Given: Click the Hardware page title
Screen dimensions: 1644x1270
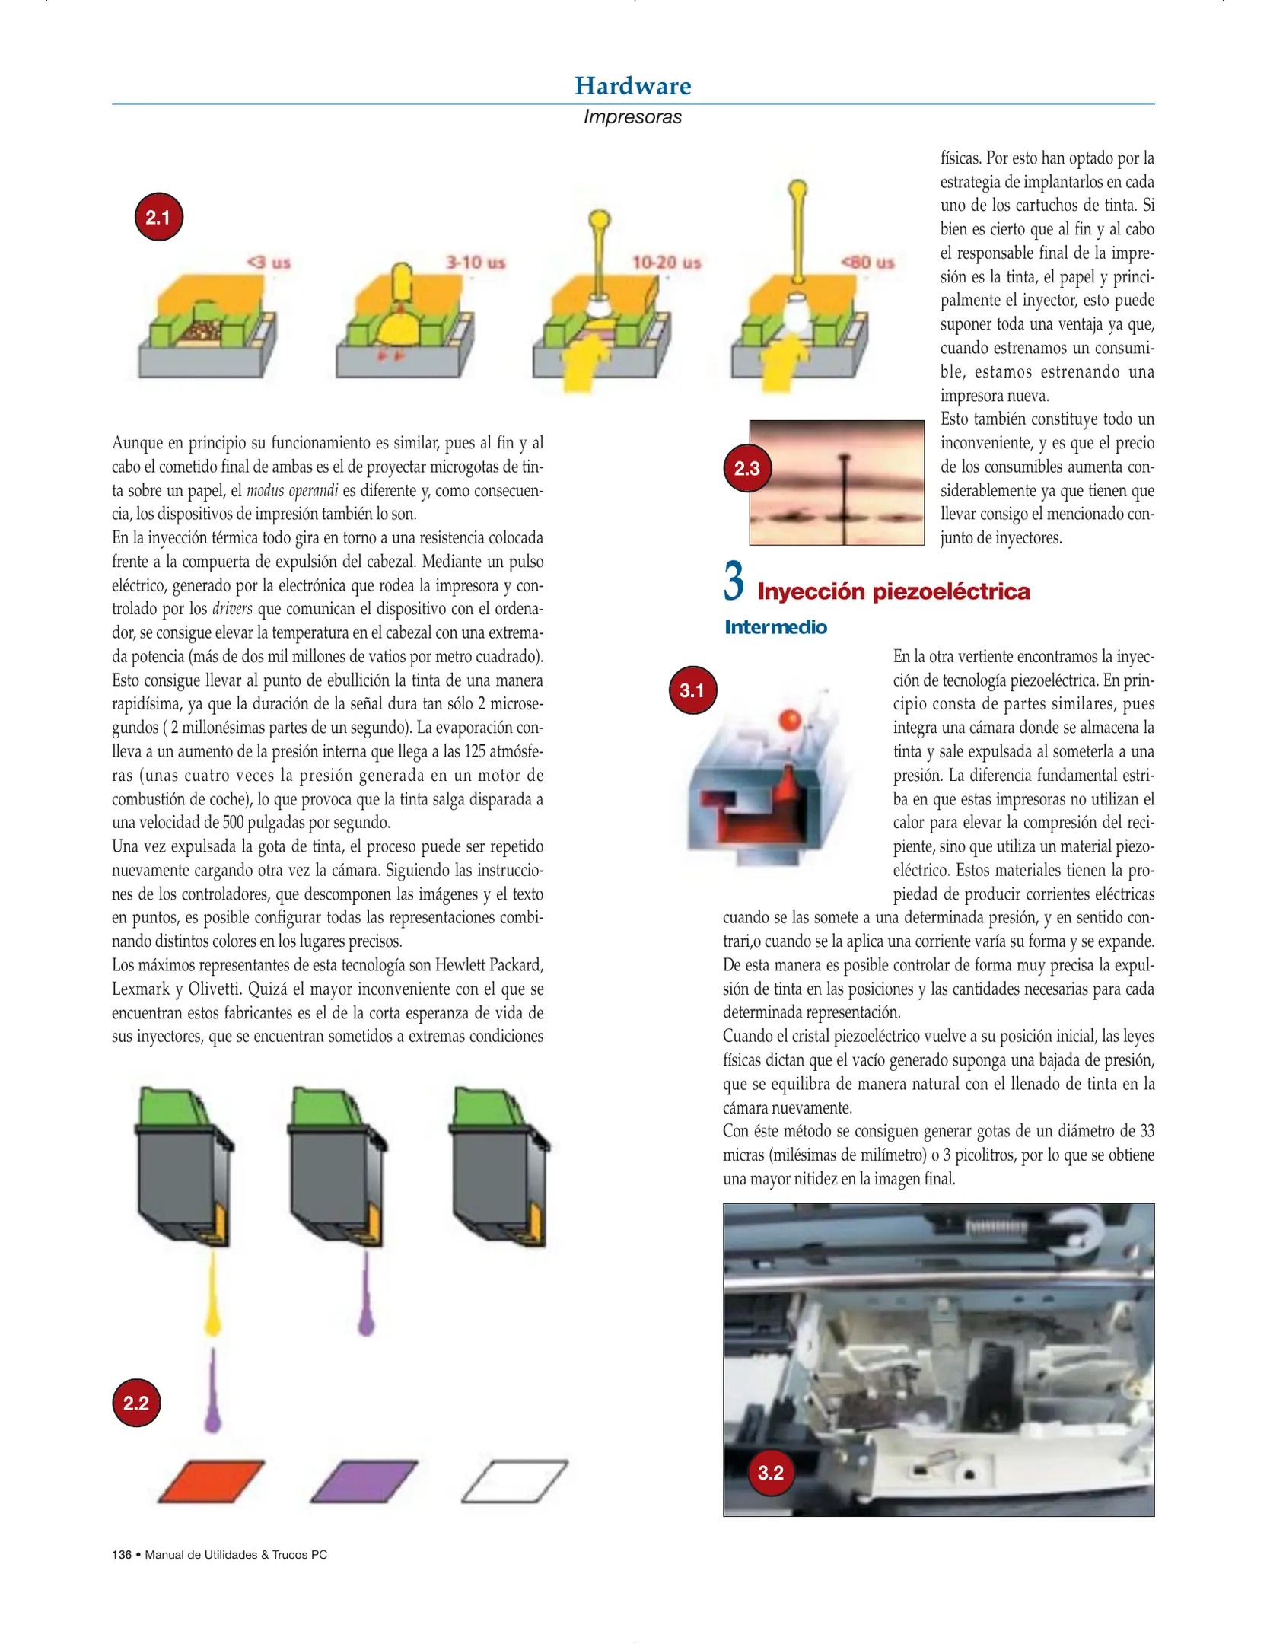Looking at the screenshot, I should (632, 86).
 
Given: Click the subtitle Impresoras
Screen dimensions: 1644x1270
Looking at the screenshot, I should (632, 117).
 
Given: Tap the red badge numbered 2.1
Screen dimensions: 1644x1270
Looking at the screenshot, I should (158, 217).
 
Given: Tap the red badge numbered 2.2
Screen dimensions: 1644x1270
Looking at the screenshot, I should (136, 1403).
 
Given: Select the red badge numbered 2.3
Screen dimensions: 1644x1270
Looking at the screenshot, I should (746, 468).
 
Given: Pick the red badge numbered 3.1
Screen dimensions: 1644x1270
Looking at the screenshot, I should (692, 690).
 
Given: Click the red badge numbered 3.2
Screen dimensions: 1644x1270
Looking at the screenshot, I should (770, 1472).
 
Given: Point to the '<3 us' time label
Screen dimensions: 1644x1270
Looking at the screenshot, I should (269, 263).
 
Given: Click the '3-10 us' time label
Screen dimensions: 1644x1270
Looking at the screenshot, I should (475, 263).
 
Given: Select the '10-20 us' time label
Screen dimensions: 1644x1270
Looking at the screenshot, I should (666, 263).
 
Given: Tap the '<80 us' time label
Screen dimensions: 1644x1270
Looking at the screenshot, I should (867, 263).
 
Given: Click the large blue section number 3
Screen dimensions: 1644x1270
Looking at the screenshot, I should (733, 581).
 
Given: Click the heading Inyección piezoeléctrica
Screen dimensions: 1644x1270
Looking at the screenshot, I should (893, 591).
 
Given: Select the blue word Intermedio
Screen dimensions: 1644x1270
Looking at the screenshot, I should (775, 627).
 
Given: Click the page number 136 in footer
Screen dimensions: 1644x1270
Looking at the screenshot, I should (122, 1554).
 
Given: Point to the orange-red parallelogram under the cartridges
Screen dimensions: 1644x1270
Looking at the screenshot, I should (212, 1481).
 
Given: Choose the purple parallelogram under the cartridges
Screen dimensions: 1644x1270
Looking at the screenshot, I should (364, 1481).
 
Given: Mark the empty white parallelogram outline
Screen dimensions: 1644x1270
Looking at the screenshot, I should (515, 1481).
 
